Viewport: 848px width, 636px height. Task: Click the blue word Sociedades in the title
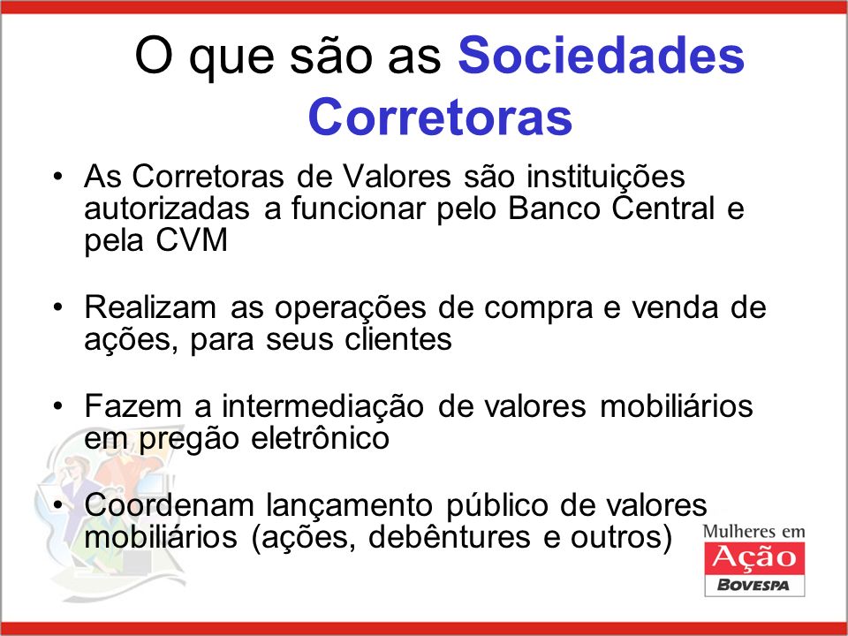click(602, 55)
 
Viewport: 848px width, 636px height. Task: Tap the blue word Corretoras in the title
click(440, 117)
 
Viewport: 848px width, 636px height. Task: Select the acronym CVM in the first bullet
click(192, 239)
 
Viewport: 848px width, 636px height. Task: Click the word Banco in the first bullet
click(554, 208)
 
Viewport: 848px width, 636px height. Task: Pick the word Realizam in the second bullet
click(150, 307)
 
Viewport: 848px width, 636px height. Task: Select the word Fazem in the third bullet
click(132, 405)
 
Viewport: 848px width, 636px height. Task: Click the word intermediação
click(322, 406)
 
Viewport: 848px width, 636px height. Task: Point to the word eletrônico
click(320, 437)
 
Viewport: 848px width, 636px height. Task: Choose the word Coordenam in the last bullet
click(169, 505)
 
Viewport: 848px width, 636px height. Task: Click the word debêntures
click(450, 537)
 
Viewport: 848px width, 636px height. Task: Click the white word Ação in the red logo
click(753, 557)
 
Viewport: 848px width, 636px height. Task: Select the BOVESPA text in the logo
click(753, 585)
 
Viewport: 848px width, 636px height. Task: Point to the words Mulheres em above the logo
click(753, 532)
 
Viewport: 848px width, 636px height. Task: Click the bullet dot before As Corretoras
click(58, 177)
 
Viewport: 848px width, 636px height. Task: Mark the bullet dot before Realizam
click(58, 307)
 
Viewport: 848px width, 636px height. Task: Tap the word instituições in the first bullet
click(606, 178)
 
